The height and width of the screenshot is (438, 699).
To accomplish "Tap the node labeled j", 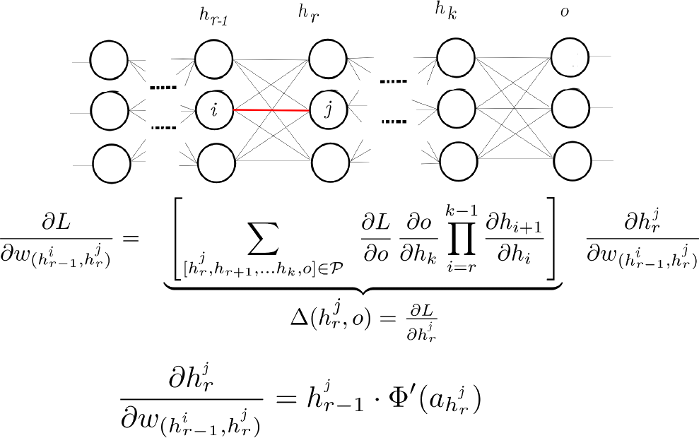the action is click(327, 109).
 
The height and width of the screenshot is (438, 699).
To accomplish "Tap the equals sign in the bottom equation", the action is click(286, 401).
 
